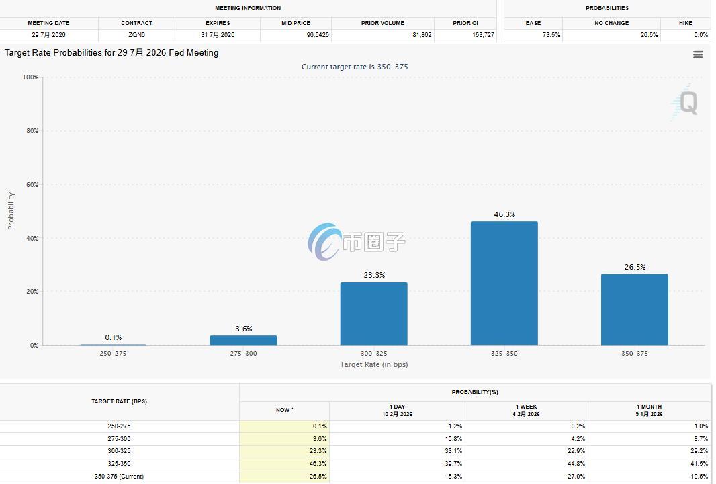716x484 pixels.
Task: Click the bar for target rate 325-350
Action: [x=504, y=283]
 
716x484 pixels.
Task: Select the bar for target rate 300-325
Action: [x=373, y=313]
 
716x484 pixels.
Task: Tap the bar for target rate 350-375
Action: [x=634, y=309]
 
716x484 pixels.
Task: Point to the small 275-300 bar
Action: [x=243, y=340]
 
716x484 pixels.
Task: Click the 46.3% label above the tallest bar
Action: [x=504, y=214]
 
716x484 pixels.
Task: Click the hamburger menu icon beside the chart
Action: [x=698, y=55]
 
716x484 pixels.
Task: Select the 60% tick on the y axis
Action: [x=32, y=185]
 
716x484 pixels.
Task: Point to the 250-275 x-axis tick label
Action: [x=113, y=354]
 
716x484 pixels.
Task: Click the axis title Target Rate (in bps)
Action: [x=373, y=364]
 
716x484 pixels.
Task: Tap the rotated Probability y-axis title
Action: [x=11, y=210]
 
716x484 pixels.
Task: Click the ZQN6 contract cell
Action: [x=136, y=35]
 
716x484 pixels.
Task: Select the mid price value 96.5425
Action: [x=317, y=35]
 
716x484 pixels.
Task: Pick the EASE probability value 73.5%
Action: [x=551, y=35]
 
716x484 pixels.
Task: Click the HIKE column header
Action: [x=685, y=23]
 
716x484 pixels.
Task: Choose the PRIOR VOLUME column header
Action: [x=383, y=23]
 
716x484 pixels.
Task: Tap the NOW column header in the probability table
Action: [x=285, y=410]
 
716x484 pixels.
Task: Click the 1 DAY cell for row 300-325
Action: [x=453, y=451]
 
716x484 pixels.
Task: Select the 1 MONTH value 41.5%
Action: [x=699, y=463]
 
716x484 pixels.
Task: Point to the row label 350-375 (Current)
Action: [x=119, y=476]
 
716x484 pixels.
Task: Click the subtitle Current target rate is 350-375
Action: [x=355, y=67]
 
